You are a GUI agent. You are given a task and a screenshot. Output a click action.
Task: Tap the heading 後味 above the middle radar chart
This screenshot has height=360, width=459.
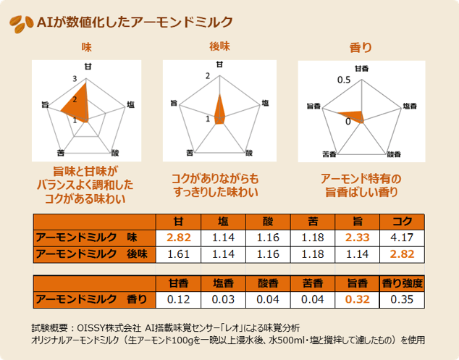pyautogui.click(x=219, y=47)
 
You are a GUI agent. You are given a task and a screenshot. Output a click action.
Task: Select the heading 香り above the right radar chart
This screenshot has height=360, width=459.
pyautogui.click(x=360, y=48)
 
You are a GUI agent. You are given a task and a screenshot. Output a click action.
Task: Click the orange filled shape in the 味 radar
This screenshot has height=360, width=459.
pyautogui.click(x=77, y=106)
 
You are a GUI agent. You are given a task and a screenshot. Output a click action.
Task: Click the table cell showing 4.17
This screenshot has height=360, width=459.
pyautogui.click(x=403, y=236)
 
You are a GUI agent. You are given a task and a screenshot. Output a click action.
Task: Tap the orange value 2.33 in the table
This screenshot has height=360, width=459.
pyautogui.click(x=357, y=236)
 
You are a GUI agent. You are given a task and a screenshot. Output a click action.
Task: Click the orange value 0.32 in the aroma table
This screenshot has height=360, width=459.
pyautogui.click(x=357, y=298)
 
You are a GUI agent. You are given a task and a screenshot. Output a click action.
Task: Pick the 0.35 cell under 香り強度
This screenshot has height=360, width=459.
pyautogui.click(x=403, y=298)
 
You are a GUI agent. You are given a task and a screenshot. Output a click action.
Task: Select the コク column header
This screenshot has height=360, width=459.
pyautogui.click(x=403, y=221)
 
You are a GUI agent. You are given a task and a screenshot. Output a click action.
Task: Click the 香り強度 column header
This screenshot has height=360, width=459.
pyautogui.click(x=403, y=282)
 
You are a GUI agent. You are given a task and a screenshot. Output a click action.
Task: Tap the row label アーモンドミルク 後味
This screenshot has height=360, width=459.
pyautogui.click(x=92, y=254)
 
